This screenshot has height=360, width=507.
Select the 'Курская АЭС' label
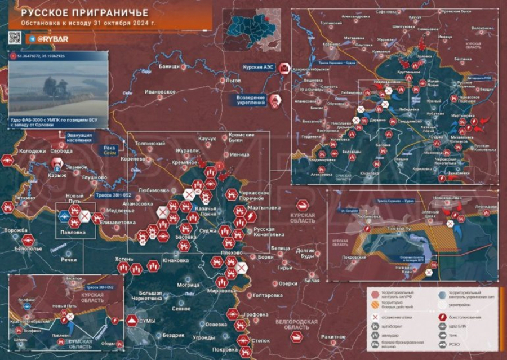258,66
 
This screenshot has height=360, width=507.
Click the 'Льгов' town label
233,81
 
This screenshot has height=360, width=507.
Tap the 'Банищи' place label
170,66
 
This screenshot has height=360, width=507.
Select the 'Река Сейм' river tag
109,150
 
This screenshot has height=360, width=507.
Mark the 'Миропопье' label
221,291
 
